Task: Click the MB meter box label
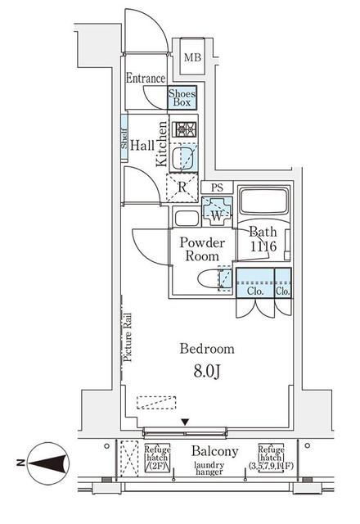click(192, 57)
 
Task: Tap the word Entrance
click(146, 79)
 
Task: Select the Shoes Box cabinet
click(182, 98)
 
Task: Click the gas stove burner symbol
click(183, 129)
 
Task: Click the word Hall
click(142, 145)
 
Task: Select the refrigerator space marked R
click(184, 187)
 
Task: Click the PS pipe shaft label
click(217, 187)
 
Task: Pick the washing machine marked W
click(218, 215)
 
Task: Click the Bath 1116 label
click(264, 239)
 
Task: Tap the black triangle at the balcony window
click(184, 422)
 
